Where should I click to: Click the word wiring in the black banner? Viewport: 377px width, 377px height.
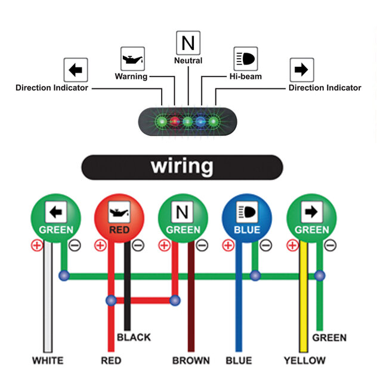pos(181,166)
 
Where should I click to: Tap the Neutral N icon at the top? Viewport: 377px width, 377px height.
pos(188,43)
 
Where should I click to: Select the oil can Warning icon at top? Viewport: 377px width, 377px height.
pos(132,59)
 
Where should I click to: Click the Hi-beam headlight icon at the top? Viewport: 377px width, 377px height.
pos(245,59)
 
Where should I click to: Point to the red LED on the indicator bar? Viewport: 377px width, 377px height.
pos(175,122)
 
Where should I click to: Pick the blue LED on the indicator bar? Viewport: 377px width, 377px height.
pos(201,122)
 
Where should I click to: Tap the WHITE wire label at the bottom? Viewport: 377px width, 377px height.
pos(48,360)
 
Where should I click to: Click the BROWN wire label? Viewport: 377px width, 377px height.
pos(191,360)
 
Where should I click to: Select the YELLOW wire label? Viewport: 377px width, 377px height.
pos(305,360)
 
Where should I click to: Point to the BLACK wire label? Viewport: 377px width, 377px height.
pos(134,337)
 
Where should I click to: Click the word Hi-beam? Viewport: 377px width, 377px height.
pos(246,76)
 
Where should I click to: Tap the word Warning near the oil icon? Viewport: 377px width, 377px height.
pos(131,76)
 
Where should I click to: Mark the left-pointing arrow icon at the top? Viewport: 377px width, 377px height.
pos(76,70)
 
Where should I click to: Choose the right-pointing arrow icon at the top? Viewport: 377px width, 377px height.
pos(301,70)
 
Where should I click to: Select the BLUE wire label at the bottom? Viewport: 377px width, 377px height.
pos(239,360)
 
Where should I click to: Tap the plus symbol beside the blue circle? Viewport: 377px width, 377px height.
pos(227,245)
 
